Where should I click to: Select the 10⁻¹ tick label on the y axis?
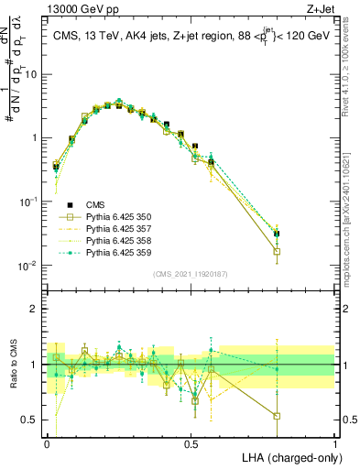pyautogui.click(x=30, y=202)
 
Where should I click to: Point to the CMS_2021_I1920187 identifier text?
pyautogui.click(x=191, y=274)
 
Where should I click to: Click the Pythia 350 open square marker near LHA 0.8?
pyautogui.click(x=277, y=251)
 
